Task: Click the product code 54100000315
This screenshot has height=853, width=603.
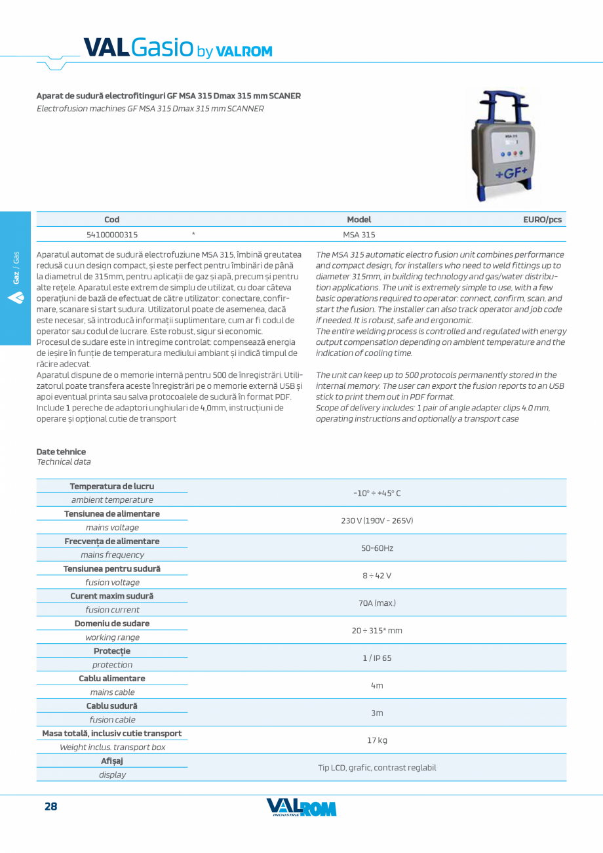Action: pyautogui.click(x=112, y=234)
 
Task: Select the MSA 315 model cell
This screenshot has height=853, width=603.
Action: pyautogui.click(x=359, y=234)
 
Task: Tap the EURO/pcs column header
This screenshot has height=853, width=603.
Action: pyautogui.click(x=542, y=220)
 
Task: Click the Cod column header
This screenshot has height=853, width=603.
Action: pyautogui.click(x=112, y=220)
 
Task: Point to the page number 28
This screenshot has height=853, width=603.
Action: pyautogui.click(x=50, y=806)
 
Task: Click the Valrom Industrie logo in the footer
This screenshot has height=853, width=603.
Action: pyautogui.click(x=301, y=808)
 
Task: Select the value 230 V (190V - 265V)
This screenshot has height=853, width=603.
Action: pyautogui.click(x=377, y=521)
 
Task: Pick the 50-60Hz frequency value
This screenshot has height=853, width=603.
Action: pyautogui.click(x=377, y=548)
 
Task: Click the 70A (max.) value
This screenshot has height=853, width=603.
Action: pyautogui.click(x=377, y=603)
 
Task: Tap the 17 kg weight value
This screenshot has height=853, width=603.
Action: pyautogui.click(x=377, y=740)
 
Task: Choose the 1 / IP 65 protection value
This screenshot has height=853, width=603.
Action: pyautogui.click(x=377, y=658)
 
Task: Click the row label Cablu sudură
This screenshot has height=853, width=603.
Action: pyautogui.click(x=112, y=705)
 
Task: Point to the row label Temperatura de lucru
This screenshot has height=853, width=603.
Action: pyautogui.click(x=112, y=486)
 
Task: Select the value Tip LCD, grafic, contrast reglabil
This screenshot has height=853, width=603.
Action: pyautogui.click(x=377, y=768)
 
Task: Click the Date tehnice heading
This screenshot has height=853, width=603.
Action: pyautogui.click(x=61, y=452)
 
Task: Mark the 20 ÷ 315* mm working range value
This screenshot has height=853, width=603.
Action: pyautogui.click(x=377, y=630)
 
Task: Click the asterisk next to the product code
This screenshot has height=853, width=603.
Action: pyautogui.click(x=193, y=233)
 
